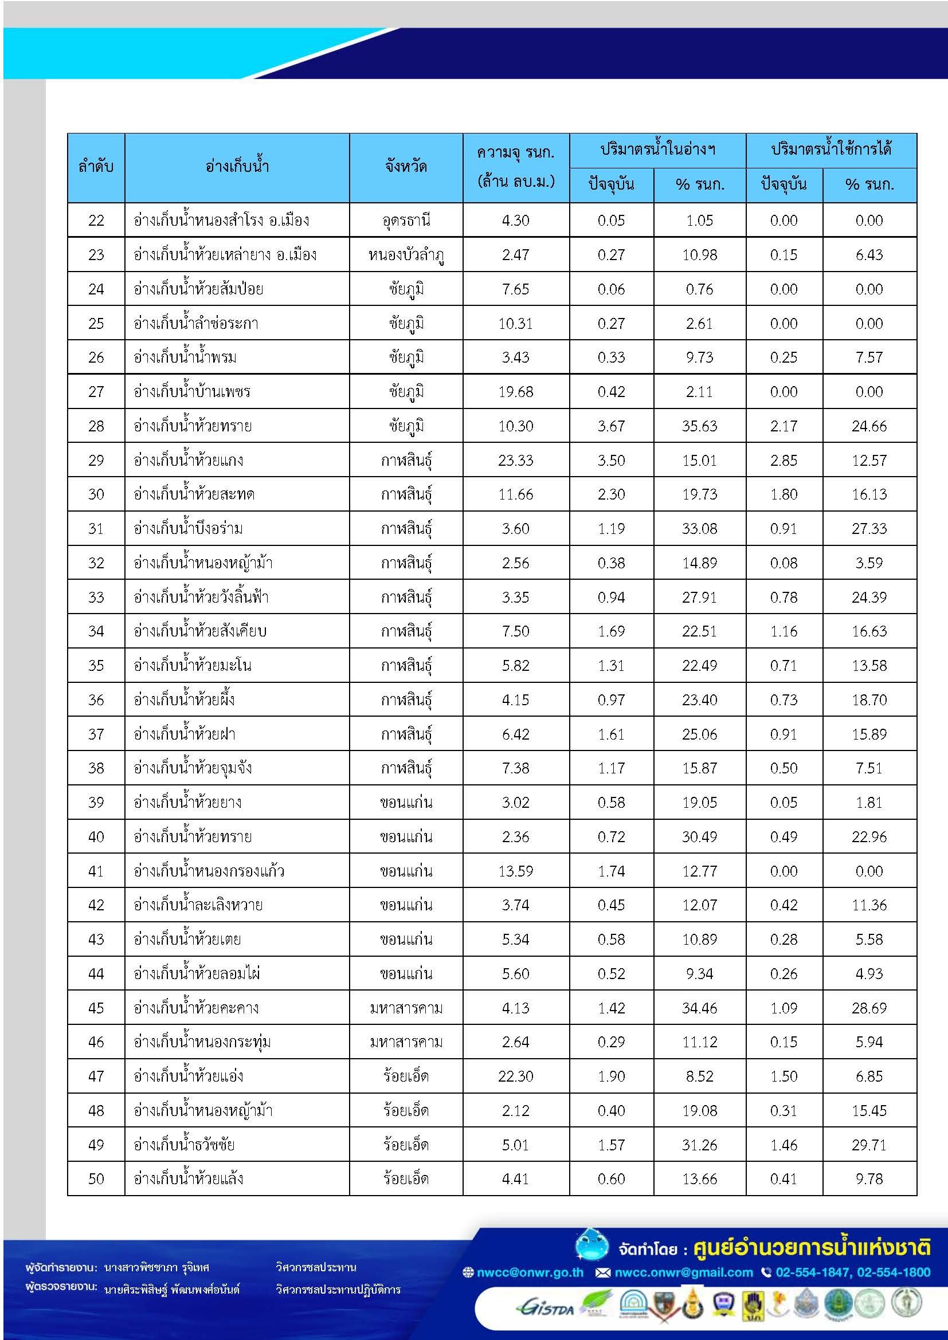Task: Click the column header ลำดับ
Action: (x=96, y=167)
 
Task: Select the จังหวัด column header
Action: (x=406, y=167)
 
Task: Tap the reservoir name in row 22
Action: (x=221, y=221)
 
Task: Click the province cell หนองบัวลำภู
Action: (x=406, y=255)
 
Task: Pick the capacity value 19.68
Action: (x=515, y=392)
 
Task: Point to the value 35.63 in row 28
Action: (x=699, y=426)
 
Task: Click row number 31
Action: (x=96, y=529)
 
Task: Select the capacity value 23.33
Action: (x=515, y=461)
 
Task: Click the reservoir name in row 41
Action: (x=209, y=871)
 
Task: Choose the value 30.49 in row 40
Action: (x=699, y=837)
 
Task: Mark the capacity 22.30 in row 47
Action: (x=515, y=1076)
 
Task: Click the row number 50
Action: (x=96, y=1179)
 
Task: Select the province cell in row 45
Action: (x=406, y=1008)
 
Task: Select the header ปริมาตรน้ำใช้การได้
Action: (x=831, y=150)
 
